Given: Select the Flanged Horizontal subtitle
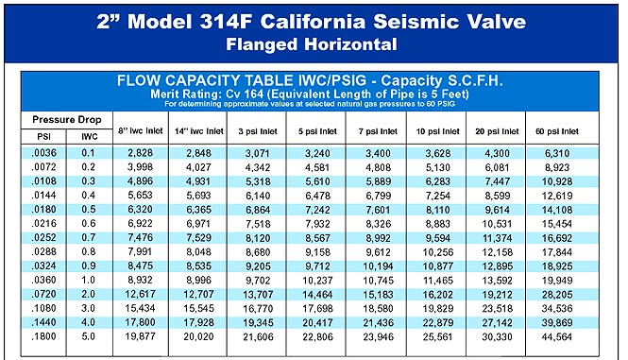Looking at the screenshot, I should (x=314, y=43).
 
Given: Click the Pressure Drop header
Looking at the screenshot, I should (x=66, y=121).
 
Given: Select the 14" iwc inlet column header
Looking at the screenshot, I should (x=195, y=129).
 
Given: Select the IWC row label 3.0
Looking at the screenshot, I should (x=90, y=307).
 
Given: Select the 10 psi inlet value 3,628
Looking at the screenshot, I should (x=438, y=151).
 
